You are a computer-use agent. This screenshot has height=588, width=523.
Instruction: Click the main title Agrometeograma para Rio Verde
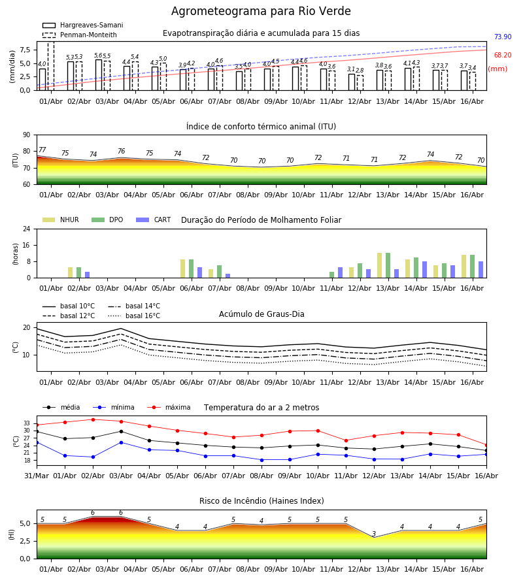(x=261, y=11)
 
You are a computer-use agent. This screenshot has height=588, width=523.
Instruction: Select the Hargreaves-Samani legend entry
(x=83, y=25)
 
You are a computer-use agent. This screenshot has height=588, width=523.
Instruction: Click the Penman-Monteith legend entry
(x=80, y=35)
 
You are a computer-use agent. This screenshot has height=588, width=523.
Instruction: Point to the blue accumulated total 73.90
(x=503, y=37)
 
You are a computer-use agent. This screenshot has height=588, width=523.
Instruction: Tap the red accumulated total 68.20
(x=503, y=55)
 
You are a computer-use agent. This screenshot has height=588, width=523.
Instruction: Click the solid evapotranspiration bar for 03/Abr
(x=99, y=75)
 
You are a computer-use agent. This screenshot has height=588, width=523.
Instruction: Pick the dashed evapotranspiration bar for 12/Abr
(x=360, y=83)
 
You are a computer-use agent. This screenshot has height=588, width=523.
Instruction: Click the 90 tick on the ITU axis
(x=27, y=135)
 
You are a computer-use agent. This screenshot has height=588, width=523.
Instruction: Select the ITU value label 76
(x=121, y=151)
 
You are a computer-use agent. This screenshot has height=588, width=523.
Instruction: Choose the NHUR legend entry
(x=61, y=220)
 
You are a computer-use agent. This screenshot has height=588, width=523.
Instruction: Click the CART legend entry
(x=154, y=220)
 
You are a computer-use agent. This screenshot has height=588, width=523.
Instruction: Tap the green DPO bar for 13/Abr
(x=388, y=265)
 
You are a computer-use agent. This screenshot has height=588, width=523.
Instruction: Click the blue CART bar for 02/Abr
(x=88, y=275)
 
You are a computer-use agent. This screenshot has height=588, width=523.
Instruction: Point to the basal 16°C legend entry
(x=134, y=316)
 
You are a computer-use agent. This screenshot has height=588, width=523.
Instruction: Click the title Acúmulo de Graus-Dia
(x=261, y=314)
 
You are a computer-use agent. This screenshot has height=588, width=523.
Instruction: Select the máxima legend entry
(x=169, y=407)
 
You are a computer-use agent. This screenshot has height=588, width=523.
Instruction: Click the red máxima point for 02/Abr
(x=93, y=419)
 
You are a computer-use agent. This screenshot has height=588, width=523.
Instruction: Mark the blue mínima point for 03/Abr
(x=121, y=442)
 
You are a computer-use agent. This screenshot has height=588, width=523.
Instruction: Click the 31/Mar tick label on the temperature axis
(x=37, y=476)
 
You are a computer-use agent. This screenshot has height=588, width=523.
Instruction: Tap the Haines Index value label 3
(x=374, y=534)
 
